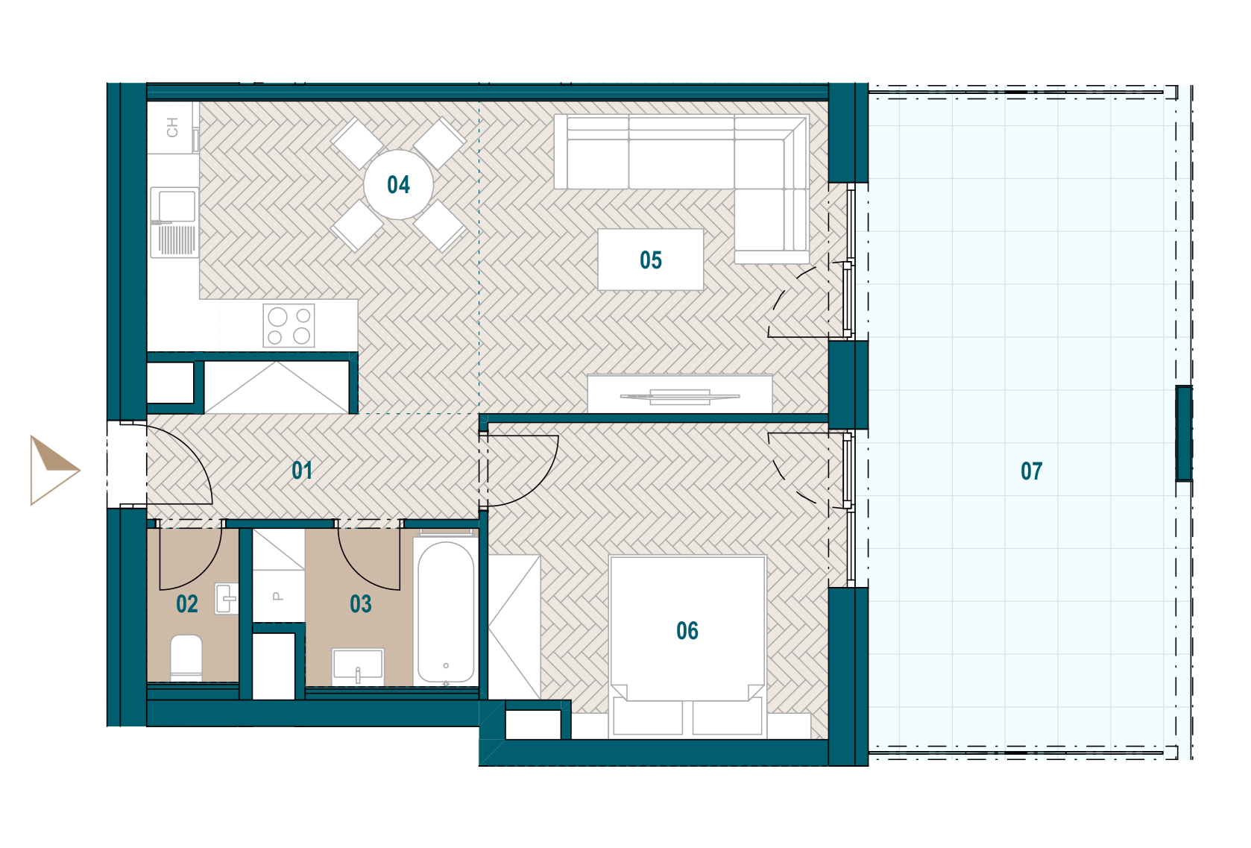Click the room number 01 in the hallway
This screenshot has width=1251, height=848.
tap(302, 471)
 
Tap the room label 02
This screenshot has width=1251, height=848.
tap(187, 604)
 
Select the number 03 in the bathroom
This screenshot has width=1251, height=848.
tap(361, 604)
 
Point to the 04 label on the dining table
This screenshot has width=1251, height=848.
tap(398, 185)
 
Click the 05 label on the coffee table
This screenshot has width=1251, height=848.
tap(651, 260)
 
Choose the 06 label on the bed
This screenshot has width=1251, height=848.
tap(687, 631)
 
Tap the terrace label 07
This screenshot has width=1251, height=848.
tap(1031, 471)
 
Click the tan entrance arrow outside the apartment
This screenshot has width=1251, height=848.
tap(54, 470)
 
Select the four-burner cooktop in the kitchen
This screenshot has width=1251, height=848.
tap(289, 326)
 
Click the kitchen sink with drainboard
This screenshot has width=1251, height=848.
tap(174, 222)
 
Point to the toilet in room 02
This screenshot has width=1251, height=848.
tap(186, 657)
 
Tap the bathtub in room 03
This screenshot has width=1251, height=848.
tap(446, 612)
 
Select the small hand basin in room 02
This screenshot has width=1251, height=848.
tap(227, 599)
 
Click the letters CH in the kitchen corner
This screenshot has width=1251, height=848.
tap(172, 128)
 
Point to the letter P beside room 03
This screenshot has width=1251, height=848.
tap(277, 597)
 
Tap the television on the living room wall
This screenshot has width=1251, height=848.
tap(680, 397)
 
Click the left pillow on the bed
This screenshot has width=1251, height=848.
tap(648, 717)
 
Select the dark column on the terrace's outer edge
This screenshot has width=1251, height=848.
tap(1184, 433)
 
